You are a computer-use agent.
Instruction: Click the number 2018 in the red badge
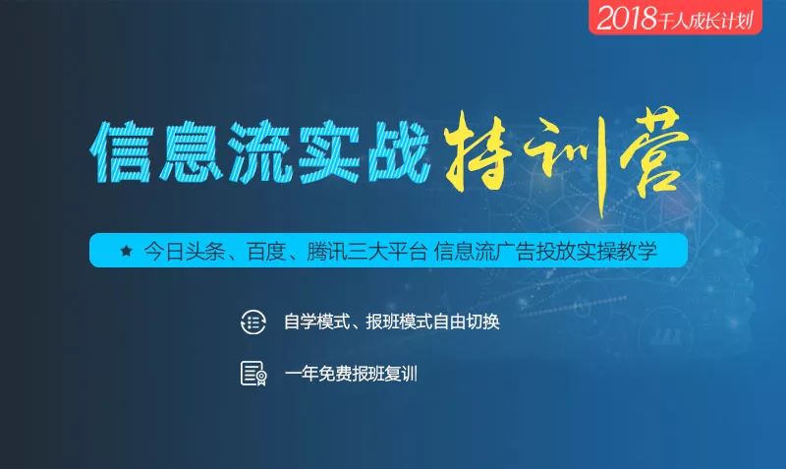627,18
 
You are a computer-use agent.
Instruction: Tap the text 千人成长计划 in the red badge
705,21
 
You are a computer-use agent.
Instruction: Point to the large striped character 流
260,151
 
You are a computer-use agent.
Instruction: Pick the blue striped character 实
329,151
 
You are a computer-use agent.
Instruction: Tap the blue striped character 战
399,151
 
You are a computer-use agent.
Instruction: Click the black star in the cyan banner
127,251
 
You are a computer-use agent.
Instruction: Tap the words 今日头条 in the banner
184,251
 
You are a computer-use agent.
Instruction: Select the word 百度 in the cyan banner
266,251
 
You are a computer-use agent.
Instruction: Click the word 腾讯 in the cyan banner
326,251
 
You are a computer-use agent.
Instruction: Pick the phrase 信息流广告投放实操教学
545,251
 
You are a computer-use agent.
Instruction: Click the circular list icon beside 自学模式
253,322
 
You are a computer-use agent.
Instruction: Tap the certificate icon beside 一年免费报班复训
253,374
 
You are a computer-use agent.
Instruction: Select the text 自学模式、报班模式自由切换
391,322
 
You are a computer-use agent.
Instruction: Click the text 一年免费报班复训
351,374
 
